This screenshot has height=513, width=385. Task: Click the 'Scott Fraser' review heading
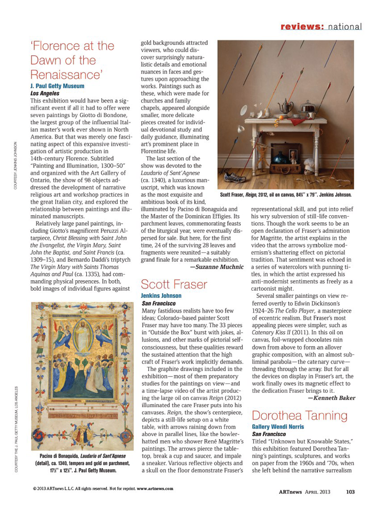click(x=174, y=284)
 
